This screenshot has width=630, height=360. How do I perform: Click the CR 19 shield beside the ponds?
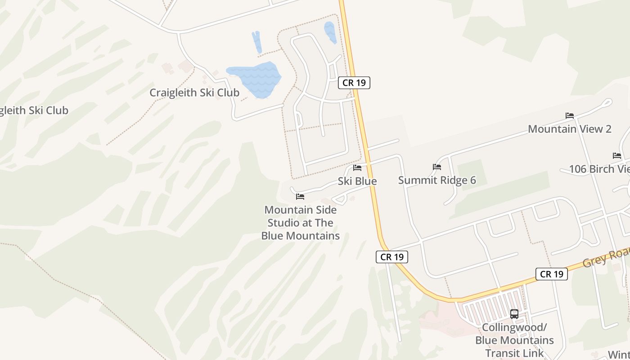[354, 83]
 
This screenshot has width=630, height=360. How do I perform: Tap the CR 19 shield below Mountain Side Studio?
[391, 257]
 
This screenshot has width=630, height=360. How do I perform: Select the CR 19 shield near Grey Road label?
[551, 274]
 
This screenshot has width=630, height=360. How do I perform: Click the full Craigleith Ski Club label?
[194, 93]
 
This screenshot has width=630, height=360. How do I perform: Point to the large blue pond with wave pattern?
[254, 79]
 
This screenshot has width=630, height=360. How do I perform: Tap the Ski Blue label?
[357, 181]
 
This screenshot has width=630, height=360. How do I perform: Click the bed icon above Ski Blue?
[357, 168]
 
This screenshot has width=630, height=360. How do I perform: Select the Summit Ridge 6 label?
[437, 180]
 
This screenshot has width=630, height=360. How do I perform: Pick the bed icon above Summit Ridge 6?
[437, 167]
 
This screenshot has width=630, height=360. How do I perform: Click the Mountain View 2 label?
[569, 129]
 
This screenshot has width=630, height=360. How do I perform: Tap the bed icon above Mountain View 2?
[570, 116]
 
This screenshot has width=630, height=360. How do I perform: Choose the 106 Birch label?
[599, 169]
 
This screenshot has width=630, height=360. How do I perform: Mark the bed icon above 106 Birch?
[617, 156]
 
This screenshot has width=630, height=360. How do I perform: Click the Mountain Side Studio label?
[300, 223]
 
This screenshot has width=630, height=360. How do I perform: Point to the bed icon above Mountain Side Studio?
[300, 197]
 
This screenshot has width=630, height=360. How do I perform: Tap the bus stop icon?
[514, 314]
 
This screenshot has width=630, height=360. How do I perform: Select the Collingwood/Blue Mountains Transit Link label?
[514, 340]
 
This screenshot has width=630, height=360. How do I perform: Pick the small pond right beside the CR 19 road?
[330, 32]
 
